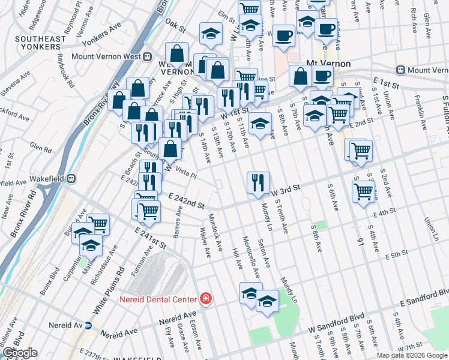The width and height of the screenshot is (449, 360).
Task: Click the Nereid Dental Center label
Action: coord(157,299)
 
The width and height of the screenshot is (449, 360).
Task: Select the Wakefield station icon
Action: coord(71,178)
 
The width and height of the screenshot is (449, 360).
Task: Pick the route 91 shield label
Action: coord(361,242)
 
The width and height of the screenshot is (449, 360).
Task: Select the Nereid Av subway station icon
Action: coord(88,326)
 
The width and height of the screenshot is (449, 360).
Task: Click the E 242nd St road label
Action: coord(187,199)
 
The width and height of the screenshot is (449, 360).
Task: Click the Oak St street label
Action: coord(176,24)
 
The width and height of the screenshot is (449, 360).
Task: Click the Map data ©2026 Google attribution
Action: coord(411,355)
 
